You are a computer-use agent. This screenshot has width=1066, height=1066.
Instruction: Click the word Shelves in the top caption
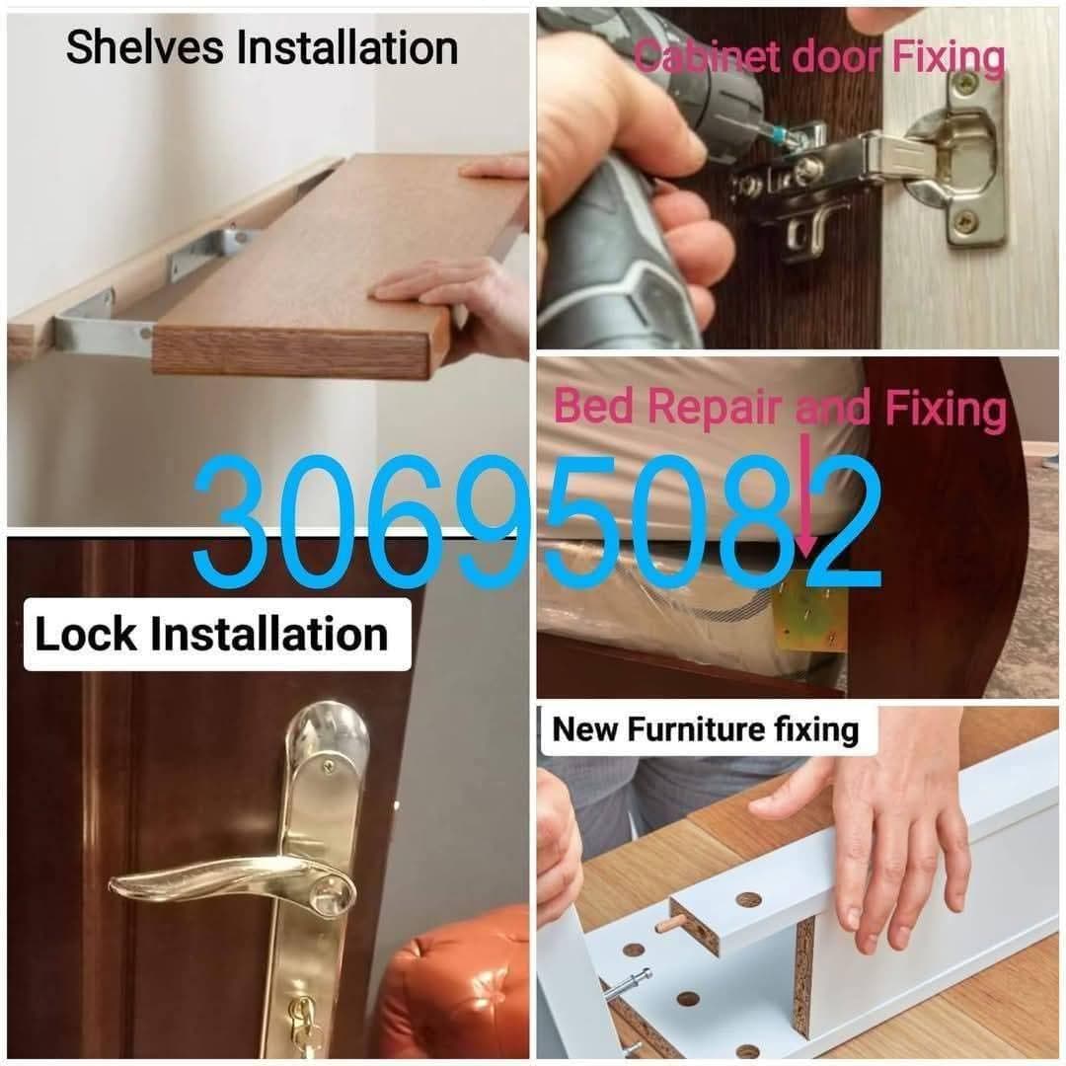pyautogui.click(x=145, y=47)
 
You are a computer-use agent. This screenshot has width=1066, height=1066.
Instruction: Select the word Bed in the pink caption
pyautogui.click(x=593, y=406)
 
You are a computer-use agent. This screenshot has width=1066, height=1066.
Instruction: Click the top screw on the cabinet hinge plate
pyautogui.click(x=966, y=82)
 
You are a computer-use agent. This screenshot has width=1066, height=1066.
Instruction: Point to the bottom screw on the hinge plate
pyautogui.click(x=968, y=219)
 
